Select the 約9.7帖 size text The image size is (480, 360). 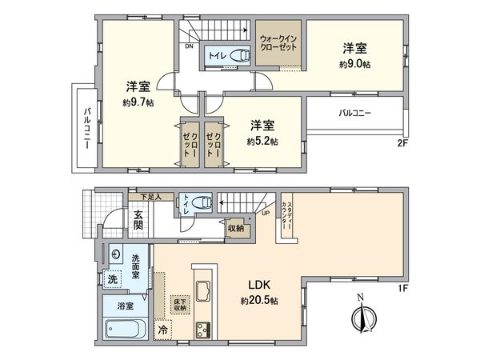click(138, 102)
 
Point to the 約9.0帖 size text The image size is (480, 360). click(354, 63)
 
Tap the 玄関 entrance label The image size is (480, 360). click(138, 218)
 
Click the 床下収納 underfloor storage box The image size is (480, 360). click(178, 305)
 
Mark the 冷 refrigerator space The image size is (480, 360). click(163, 328)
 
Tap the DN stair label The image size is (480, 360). click(189, 46)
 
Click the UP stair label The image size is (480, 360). click(265, 214)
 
